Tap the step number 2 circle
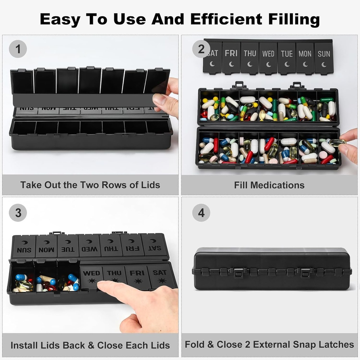point(201,49)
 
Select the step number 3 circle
point(18,213)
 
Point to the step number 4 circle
point(201,213)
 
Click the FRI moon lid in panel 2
point(231,57)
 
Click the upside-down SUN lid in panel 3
point(24,246)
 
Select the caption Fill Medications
point(269,185)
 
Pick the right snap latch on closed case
point(306,272)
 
